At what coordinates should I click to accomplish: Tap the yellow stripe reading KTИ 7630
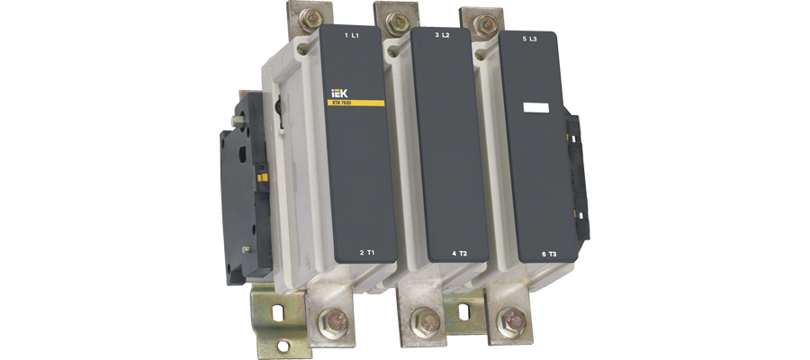356,103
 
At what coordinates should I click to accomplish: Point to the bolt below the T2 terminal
421,321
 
